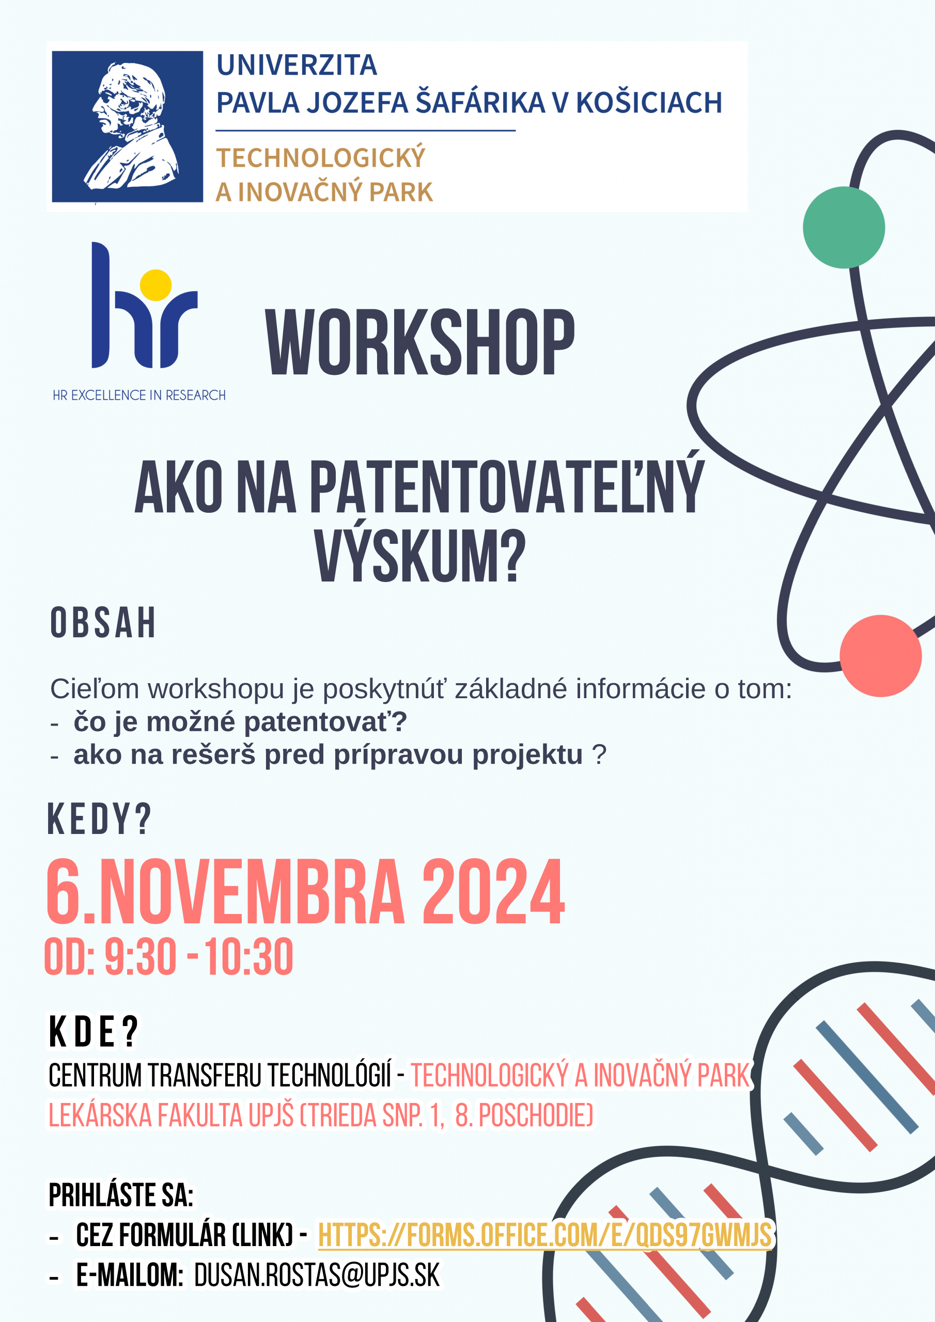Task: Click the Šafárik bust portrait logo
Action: pyautogui.click(x=127, y=127)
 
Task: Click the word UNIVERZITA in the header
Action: pyautogui.click(x=297, y=65)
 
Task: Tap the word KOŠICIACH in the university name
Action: pyautogui.click(x=649, y=102)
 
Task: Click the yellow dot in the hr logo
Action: pyautogui.click(x=155, y=285)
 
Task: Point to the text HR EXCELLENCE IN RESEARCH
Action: pyautogui.click(x=139, y=396)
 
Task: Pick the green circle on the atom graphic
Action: pyautogui.click(x=844, y=227)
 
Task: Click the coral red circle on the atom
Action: pyautogui.click(x=881, y=656)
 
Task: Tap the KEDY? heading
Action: pyautogui.click(x=99, y=820)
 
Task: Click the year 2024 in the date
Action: pyautogui.click(x=494, y=892)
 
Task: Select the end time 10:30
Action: pyautogui.click(x=249, y=957)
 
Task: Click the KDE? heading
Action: pyautogui.click(x=93, y=1031)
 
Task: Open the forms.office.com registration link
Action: pyautogui.click(x=544, y=1235)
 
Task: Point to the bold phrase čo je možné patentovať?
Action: pyautogui.click(x=240, y=722)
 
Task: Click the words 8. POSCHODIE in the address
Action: pyautogui.click(x=524, y=1115)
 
